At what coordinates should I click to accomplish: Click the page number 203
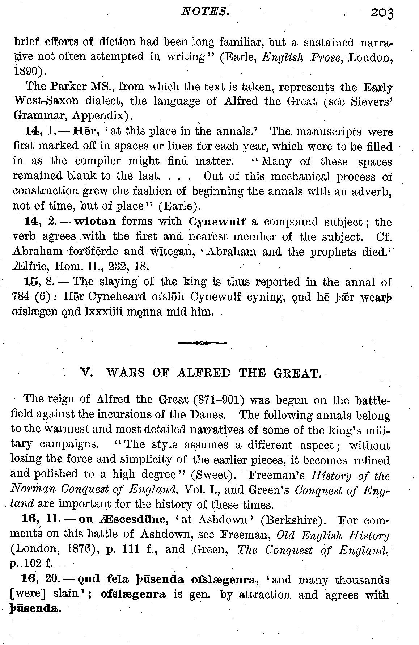tap(381, 13)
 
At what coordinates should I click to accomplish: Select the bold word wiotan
tap(95, 221)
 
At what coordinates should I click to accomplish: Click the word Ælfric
tap(30, 266)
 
